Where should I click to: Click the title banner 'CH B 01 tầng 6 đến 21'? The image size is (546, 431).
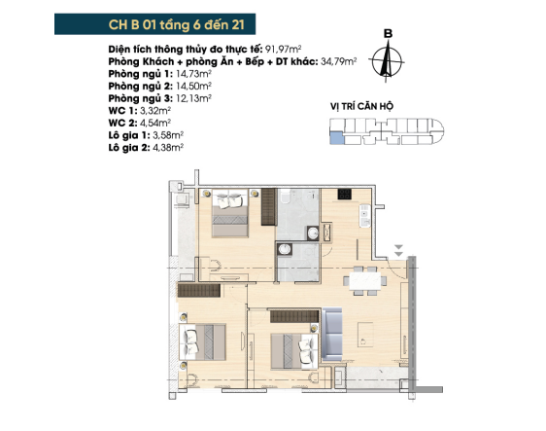pos(154,24)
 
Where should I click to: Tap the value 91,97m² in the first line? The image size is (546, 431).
pos(283,50)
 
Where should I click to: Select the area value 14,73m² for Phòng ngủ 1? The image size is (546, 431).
pos(193,74)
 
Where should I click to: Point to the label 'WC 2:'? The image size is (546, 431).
pos(123,123)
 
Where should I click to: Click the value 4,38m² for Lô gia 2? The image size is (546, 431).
pos(168,148)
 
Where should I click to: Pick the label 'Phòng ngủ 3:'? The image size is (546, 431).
pos(140,98)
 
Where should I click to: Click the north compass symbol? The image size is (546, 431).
pos(386,61)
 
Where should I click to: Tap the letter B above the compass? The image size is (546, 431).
pos(388,33)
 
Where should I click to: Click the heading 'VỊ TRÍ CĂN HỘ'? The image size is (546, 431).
pos(361,106)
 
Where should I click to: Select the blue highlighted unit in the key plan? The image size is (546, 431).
pos(336,138)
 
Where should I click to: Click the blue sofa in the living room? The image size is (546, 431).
pos(332,334)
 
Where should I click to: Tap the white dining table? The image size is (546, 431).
pos(365,280)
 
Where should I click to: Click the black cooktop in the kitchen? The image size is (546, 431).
pos(344,194)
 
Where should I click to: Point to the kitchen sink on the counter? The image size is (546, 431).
pos(364,216)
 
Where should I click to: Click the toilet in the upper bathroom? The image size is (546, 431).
pos(285,197)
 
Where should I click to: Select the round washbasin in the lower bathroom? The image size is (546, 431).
pos(285,249)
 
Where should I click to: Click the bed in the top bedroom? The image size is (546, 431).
pos(230,213)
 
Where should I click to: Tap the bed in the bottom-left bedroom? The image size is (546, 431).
pos(202,342)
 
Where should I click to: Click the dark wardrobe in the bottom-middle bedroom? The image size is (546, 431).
pos(294,316)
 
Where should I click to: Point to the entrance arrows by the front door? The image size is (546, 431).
pos(398,251)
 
